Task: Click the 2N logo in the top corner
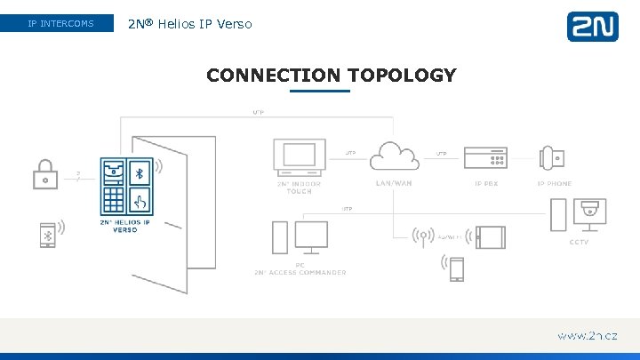point(592,26)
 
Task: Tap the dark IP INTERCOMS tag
point(60,23)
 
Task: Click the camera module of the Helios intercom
point(113,171)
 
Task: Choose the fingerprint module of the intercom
point(140,198)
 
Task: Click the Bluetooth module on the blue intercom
point(140,171)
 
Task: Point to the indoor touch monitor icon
point(299,157)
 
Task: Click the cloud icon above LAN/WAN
point(394,156)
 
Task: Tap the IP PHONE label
point(554,184)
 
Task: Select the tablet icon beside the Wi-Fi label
point(491,237)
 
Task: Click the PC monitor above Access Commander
point(311,236)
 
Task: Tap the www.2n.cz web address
point(587,336)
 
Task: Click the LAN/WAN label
point(394,184)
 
